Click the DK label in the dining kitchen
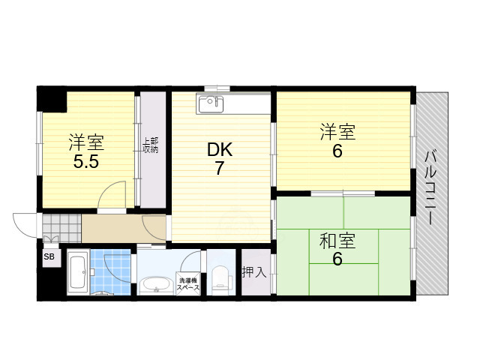[x=220, y=150]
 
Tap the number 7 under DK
[x=220, y=169]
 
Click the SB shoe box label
[x=49, y=257]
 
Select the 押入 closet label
[x=253, y=272]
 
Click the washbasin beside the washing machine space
[x=155, y=285]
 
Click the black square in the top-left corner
[x=51, y=98]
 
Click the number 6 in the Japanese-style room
[x=337, y=260]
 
